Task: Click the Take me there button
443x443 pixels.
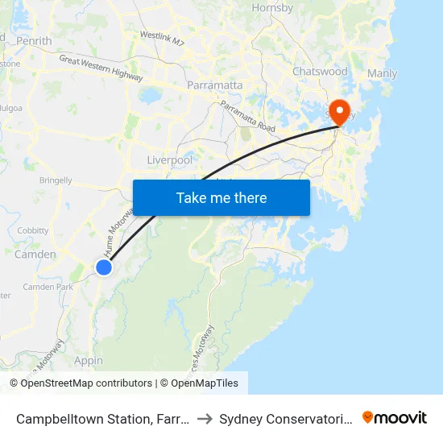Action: (221, 197)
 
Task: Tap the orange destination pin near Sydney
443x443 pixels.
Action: (339, 112)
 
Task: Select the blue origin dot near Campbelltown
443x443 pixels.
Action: (104, 267)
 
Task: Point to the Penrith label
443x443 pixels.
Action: (33, 40)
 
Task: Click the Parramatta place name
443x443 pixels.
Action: (214, 85)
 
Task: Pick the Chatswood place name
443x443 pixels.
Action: (320, 72)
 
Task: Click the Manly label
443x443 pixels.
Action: (382, 74)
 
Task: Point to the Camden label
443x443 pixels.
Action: (35, 255)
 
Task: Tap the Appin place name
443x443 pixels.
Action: (89, 360)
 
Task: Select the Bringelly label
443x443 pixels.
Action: (56, 180)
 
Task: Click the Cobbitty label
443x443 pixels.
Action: (33, 230)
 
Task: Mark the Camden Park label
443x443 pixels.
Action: (48, 287)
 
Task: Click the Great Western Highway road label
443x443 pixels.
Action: (101, 68)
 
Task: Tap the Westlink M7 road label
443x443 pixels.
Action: (163, 36)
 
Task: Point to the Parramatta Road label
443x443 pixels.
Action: (247, 118)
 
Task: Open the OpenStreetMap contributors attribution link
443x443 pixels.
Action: (86, 383)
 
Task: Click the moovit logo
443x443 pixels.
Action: (395, 417)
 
